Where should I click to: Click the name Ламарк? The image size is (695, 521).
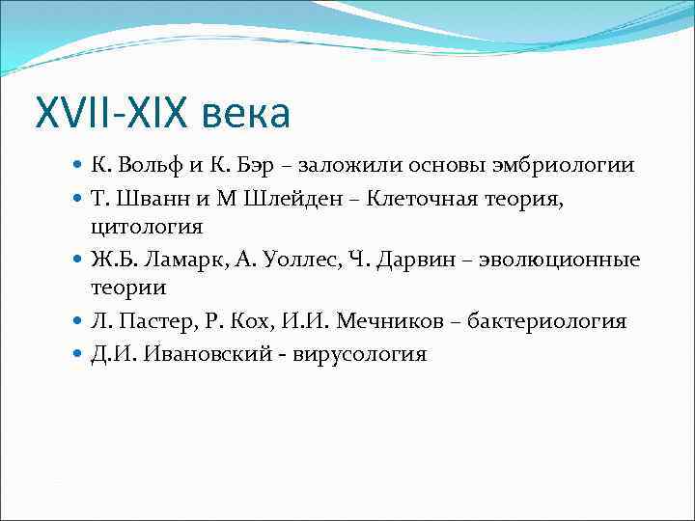click(186, 260)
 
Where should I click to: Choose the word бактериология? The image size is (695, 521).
click(546, 321)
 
